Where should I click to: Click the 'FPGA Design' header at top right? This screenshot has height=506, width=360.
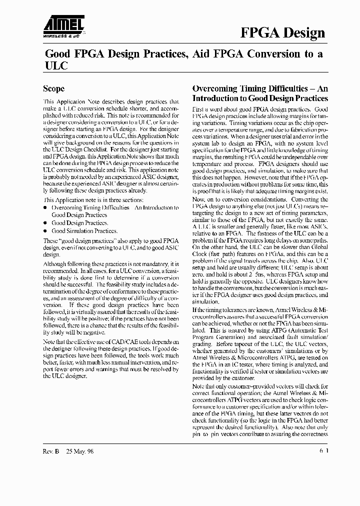pyautogui.click(x=283, y=33)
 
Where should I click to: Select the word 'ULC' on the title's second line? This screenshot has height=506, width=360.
pyautogui.click(x=56, y=65)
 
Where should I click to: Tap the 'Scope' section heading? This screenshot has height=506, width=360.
pyautogui.click(x=53, y=89)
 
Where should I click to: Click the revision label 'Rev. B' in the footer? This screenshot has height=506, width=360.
pyautogui.click(x=51, y=450)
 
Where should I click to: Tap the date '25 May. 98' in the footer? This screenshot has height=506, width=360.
pyautogui.click(x=80, y=450)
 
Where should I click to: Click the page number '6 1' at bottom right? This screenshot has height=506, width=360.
pyautogui.click(x=323, y=450)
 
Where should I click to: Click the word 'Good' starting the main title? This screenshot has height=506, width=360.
pyautogui.click(x=57, y=53)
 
